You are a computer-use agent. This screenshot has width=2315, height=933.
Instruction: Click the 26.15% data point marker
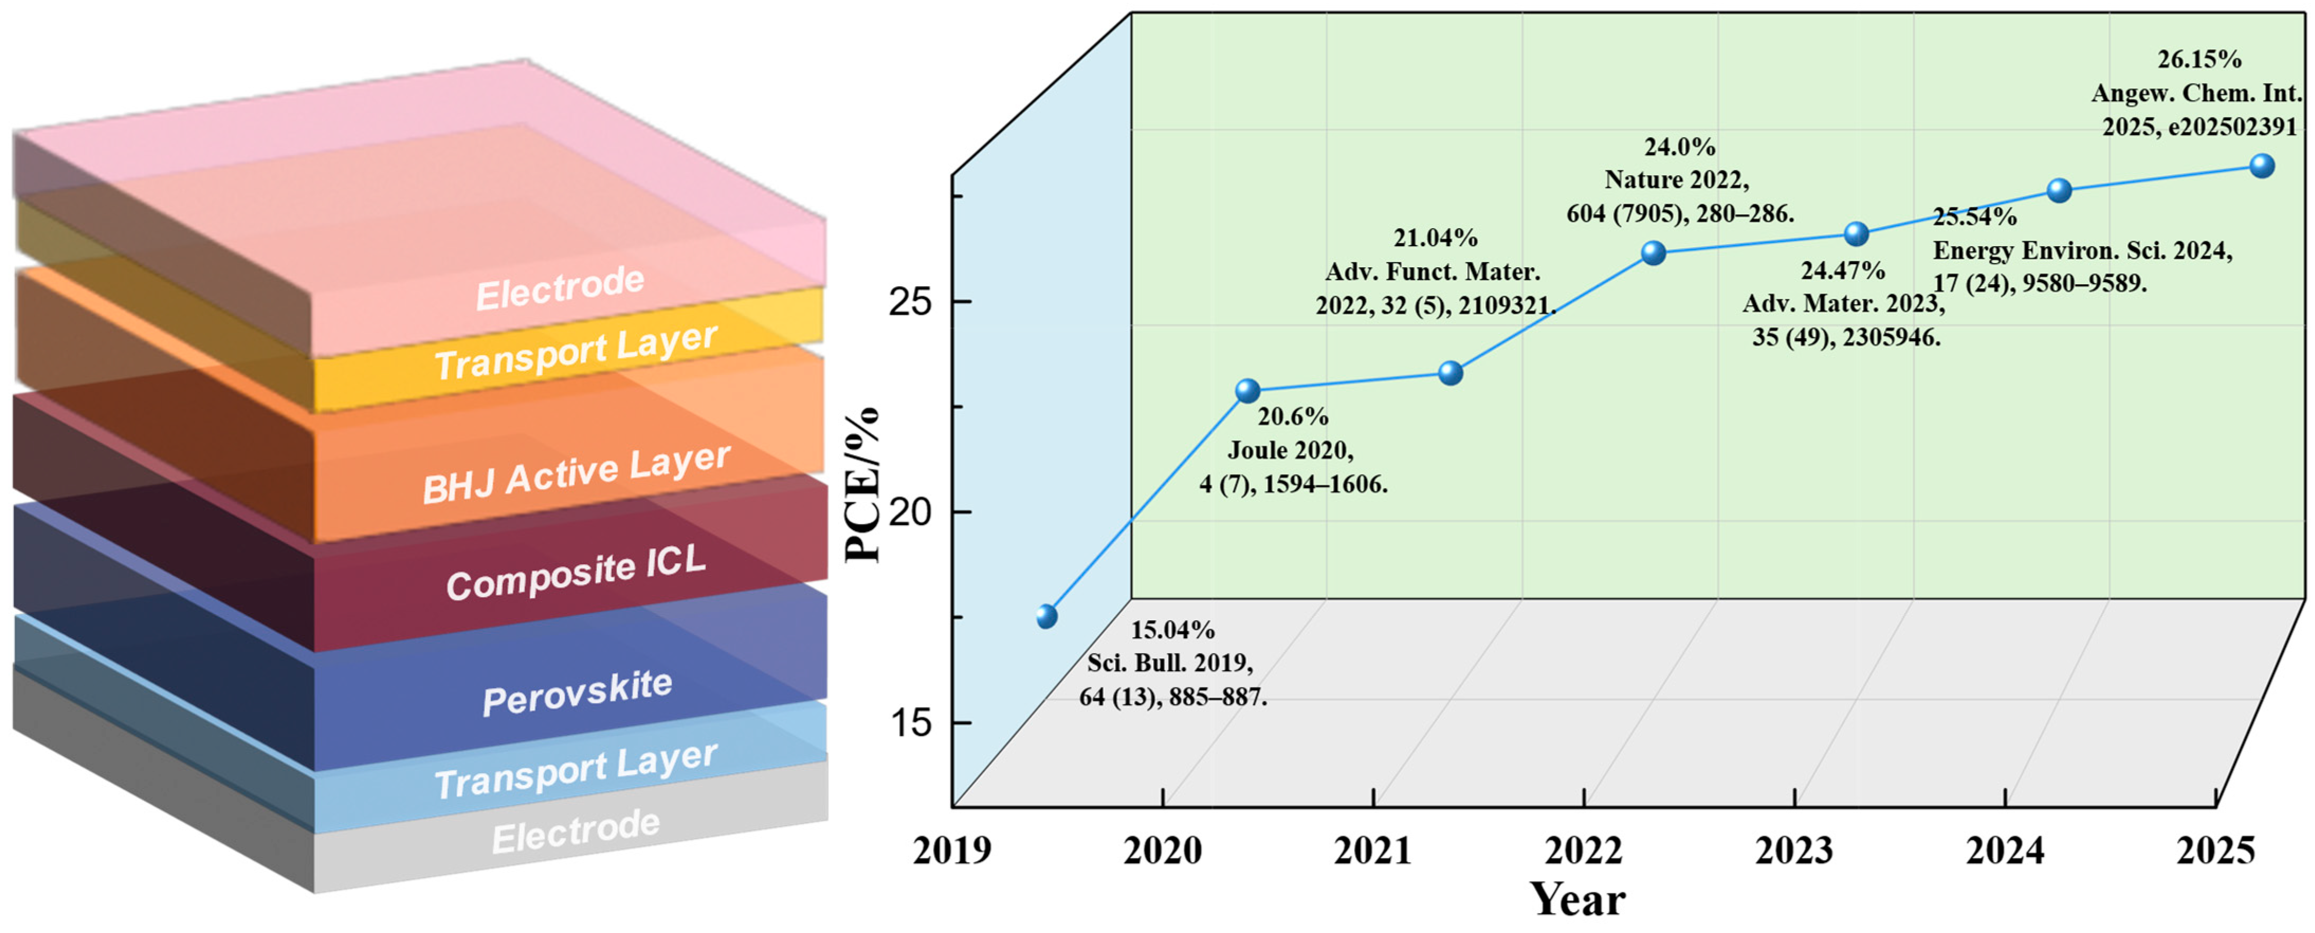click(x=2261, y=166)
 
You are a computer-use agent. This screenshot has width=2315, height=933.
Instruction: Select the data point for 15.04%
click(x=1046, y=617)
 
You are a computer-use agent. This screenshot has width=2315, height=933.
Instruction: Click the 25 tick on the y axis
click(x=910, y=302)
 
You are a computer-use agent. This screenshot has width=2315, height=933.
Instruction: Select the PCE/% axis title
click(x=863, y=485)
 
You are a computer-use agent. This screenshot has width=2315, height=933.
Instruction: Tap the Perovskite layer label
click(x=577, y=693)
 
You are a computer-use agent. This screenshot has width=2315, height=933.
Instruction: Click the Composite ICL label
click(x=576, y=573)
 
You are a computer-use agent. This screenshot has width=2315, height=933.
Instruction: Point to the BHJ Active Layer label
click(x=576, y=474)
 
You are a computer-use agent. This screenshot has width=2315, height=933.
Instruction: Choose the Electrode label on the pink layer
click(x=560, y=288)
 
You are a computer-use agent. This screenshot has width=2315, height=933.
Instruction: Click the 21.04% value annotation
click(x=1435, y=238)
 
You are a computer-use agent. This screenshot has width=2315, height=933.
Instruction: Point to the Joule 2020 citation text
click(x=1291, y=450)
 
